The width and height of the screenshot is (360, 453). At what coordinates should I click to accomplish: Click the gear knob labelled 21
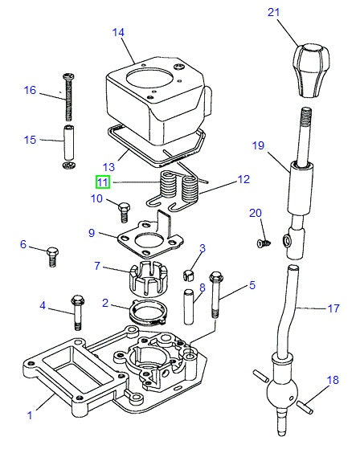(x=311, y=71)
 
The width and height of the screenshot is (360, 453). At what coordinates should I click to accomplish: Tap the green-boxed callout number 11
(x=103, y=182)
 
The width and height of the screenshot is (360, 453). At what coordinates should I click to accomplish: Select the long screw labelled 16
(x=68, y=97)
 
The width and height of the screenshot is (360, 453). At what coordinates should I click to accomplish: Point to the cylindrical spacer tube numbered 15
(x=69, y=142)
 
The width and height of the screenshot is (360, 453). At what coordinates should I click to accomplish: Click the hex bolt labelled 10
(x=124, y=212)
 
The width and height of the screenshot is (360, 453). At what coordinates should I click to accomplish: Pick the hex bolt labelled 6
(x=52, y=256)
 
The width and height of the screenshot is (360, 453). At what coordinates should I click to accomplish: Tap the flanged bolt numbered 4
(x=77, y=312)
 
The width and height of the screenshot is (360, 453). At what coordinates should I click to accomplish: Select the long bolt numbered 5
(x=216, y=295)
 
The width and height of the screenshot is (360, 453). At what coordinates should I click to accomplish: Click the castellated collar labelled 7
(x=149, y=279)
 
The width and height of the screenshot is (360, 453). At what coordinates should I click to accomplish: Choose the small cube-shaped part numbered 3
(x=188, y=275)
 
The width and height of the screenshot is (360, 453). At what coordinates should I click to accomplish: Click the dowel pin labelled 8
(x=188, y=307)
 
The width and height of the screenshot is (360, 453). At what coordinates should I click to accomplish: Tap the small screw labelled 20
(x=264, y=243)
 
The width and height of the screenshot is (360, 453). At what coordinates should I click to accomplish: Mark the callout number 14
(x=118, y=32)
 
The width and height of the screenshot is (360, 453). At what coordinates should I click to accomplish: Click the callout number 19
(x=258, y=145)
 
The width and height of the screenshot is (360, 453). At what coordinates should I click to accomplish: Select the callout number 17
(x=333, y=308)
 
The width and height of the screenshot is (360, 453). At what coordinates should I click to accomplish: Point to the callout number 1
(x=30, y=415)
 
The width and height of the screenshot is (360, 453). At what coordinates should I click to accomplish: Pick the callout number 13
(x=108, y=167)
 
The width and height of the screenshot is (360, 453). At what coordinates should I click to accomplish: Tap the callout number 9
(x=92, y=233)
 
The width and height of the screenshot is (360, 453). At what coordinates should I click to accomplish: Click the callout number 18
(x=333, y=380)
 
